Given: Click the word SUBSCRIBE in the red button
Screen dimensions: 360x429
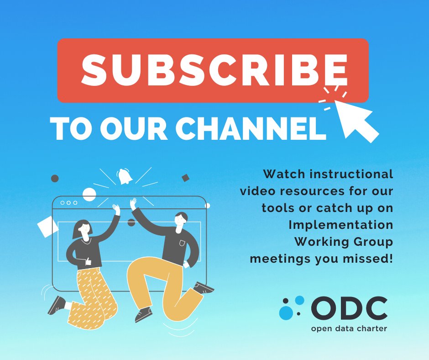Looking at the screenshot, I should coord(213,69).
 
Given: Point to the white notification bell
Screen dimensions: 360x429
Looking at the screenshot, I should coord(123,176).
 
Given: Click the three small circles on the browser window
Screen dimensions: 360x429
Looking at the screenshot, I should coord(69,202).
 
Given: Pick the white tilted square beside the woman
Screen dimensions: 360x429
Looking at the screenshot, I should coord(48,227).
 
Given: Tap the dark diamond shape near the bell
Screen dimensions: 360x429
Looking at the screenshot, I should coord(185,178).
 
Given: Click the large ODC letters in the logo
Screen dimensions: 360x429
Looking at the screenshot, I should coord(349,308).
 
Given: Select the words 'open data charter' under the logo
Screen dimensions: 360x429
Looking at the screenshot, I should coord(349,328).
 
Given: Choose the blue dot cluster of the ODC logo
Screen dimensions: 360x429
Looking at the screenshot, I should coord(292,307).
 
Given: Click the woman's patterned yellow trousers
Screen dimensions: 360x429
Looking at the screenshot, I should coord(91,297).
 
